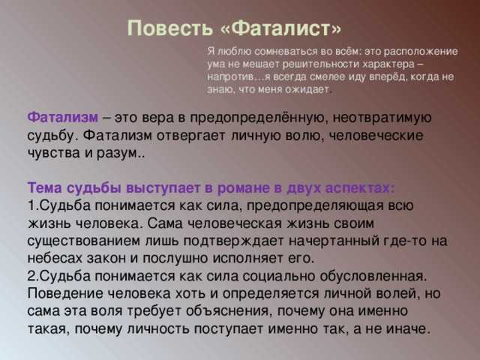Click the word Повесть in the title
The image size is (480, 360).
coord(170,28)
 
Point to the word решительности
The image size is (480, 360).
coord(321,64)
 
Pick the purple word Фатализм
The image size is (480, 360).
coord(63,117)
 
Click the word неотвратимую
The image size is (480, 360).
coord(382,118)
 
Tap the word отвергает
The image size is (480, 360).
coord(191,135)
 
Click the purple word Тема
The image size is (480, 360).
coord(45,187)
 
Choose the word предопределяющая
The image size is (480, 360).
coord(315,205)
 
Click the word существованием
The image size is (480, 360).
coord(83,241)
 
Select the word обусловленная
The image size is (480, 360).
coord(373,276)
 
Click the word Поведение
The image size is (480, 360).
coord(66,293)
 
